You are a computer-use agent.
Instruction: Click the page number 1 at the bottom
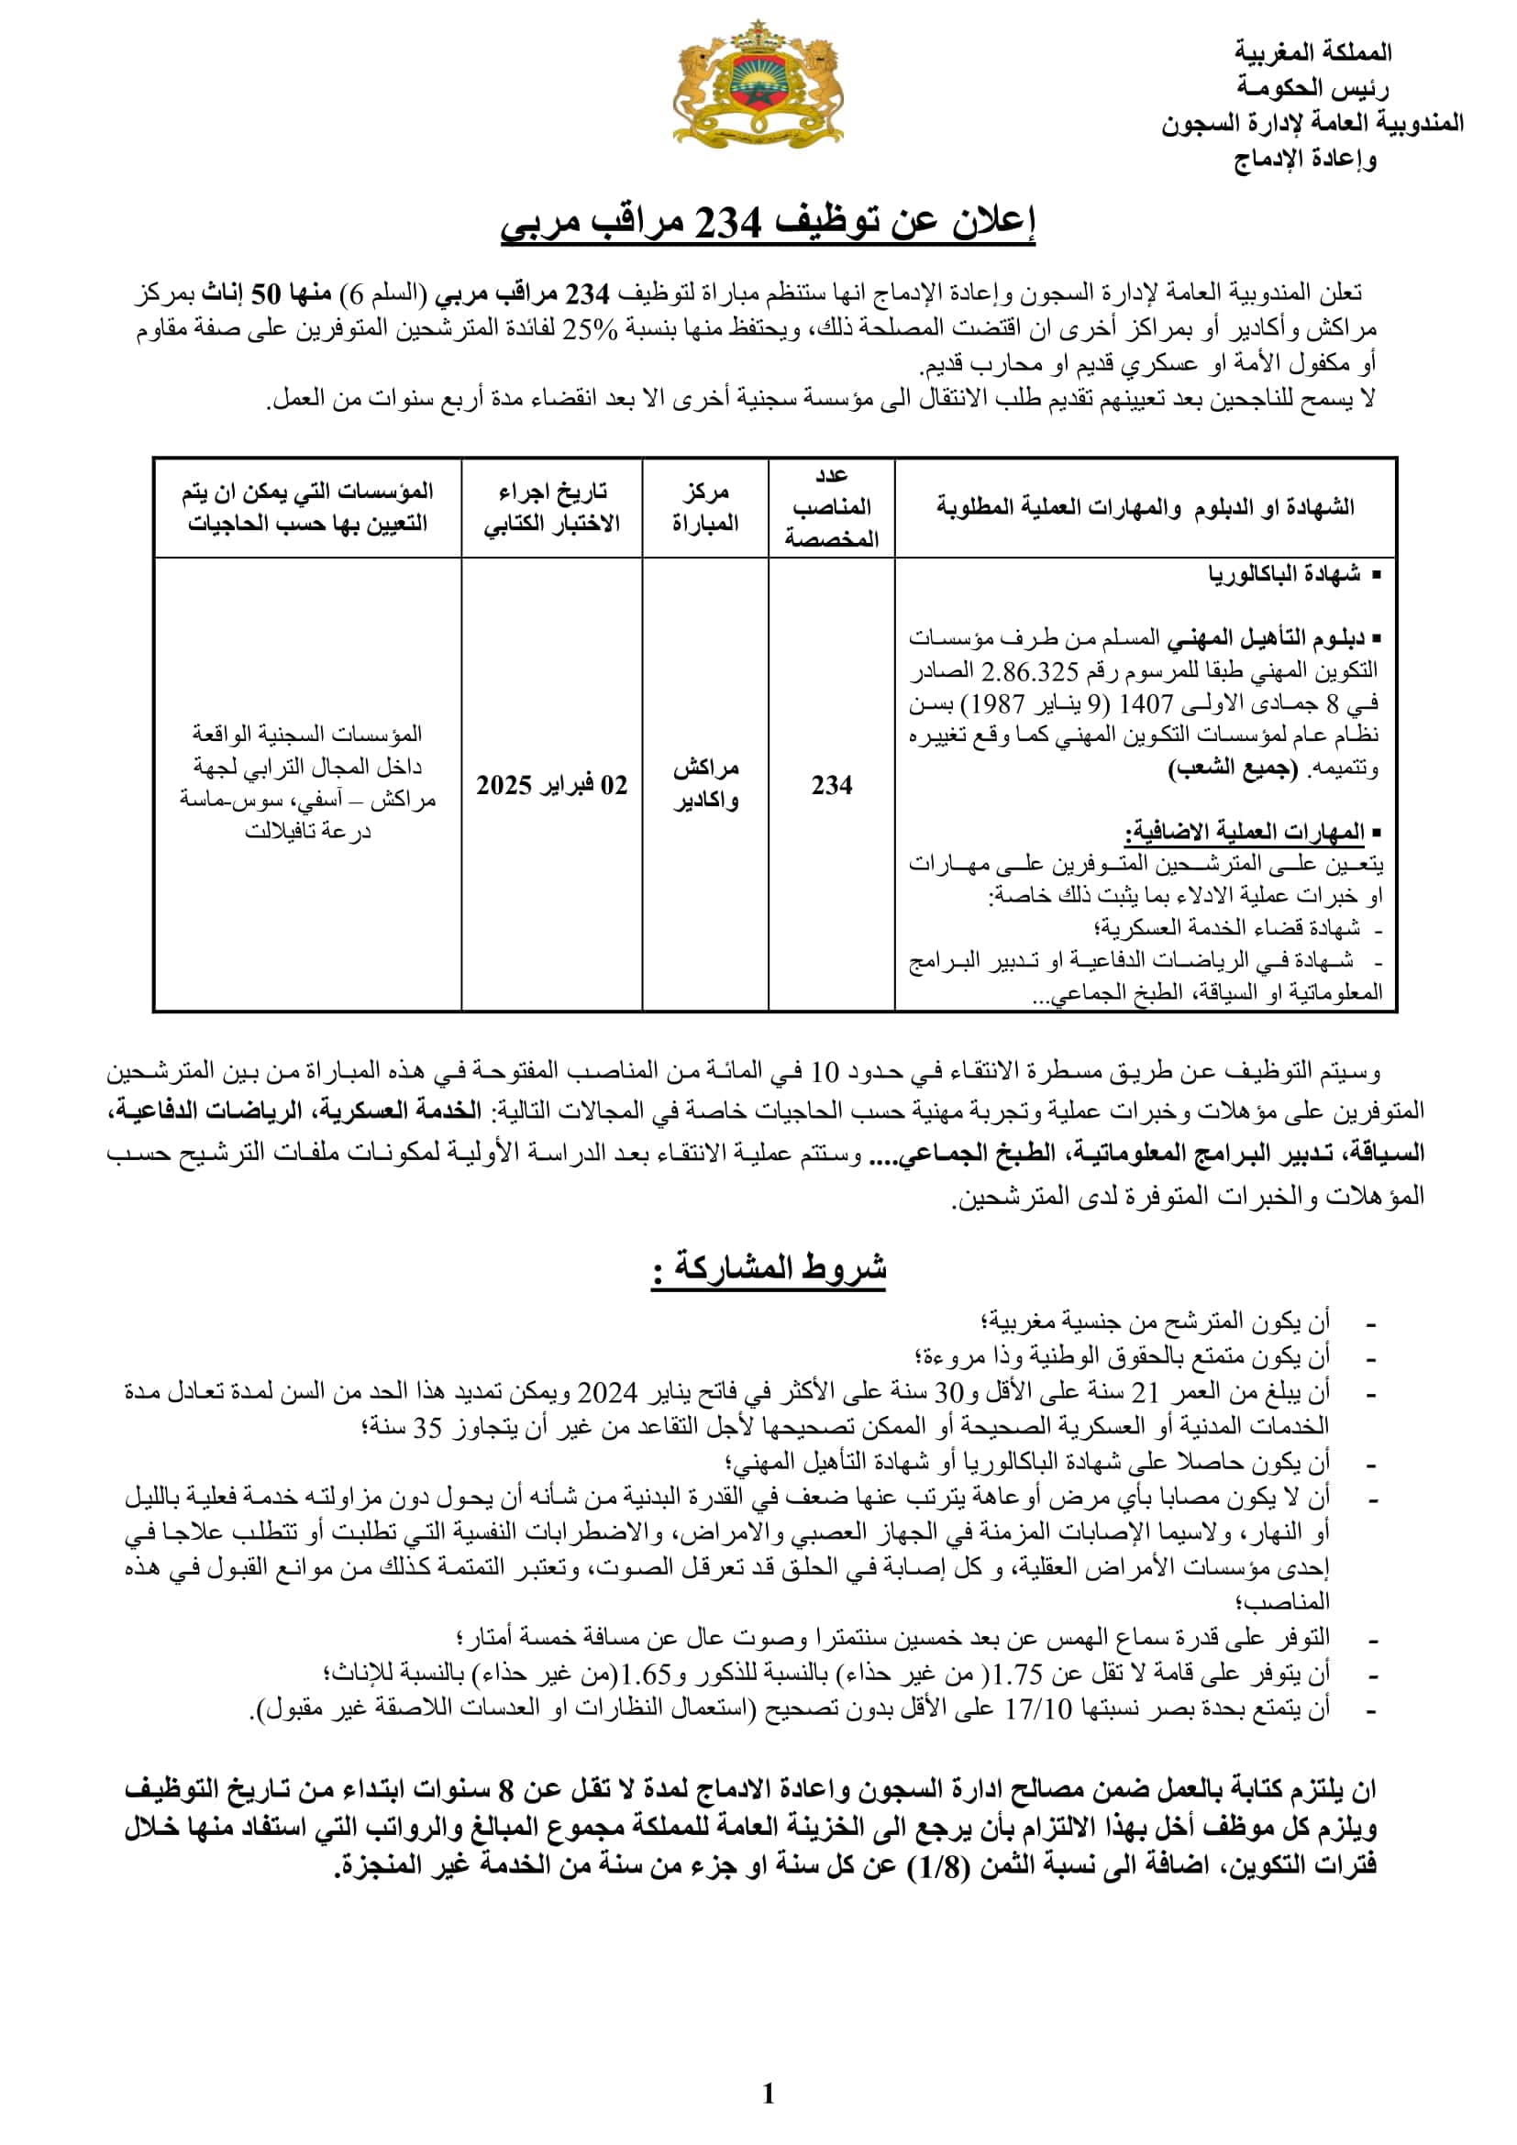pos(768,2095)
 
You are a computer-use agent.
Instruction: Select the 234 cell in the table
pos(831,785)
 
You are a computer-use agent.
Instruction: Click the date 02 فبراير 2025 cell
pos(551,785)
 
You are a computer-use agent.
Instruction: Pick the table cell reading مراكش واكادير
pos(705,785)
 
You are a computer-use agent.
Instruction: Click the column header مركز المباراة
pos(705,507)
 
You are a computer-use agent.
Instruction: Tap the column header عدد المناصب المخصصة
pos(831,507)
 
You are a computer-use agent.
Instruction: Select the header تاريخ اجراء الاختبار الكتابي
pos(551,507)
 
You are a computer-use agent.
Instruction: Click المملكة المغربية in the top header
pos(1312,52)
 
